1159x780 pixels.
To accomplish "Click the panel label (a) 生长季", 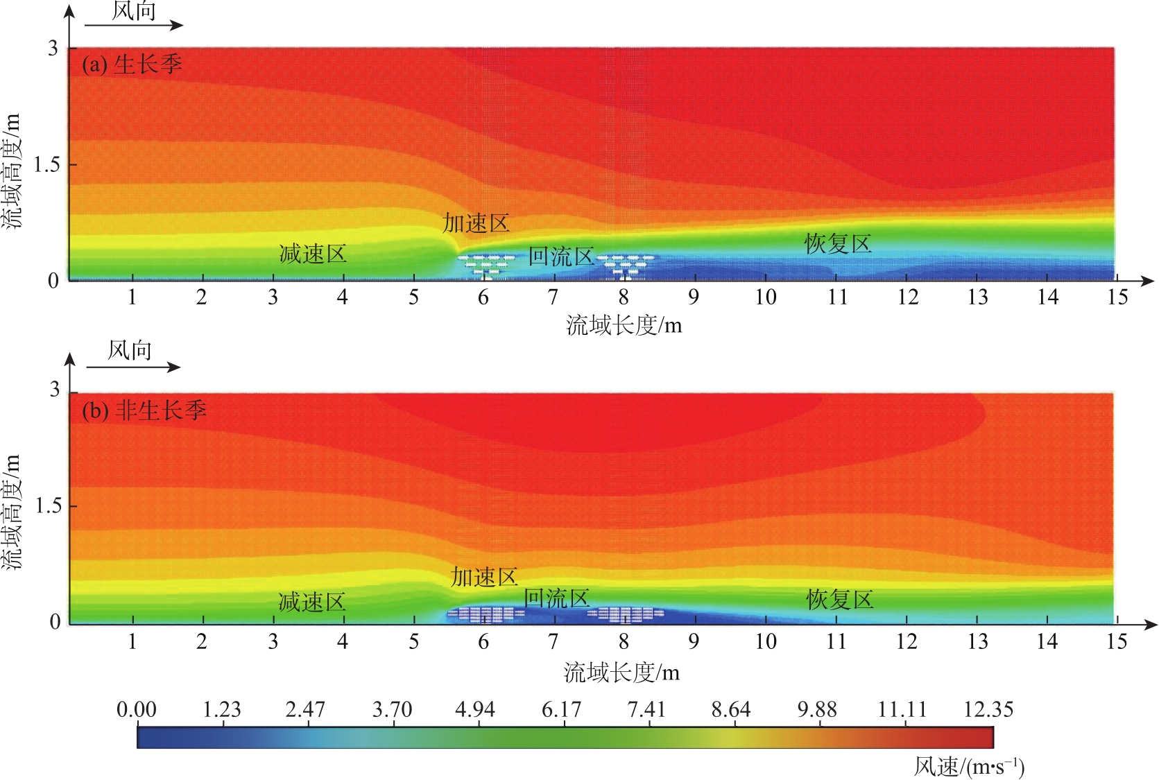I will point(132,64).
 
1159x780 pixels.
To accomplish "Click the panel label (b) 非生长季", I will point(144,410).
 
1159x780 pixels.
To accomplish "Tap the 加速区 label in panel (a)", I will point(477,223).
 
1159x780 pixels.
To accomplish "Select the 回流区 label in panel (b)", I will point(557,598).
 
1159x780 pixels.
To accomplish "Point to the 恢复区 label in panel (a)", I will point(838,244).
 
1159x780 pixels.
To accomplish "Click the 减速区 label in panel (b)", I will point(312,602).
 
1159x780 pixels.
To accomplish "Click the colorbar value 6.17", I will point(561,709).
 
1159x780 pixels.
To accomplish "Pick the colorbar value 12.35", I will point(988,709).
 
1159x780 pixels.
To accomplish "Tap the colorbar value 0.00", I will point(137,709).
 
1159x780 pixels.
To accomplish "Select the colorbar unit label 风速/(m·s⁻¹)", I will point(969,766).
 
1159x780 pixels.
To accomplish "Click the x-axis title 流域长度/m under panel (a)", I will point(624,325).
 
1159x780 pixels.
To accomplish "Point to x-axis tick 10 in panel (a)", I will point(765,297).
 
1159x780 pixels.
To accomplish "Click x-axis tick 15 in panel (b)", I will point(1116,642).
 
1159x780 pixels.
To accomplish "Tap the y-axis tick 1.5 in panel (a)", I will point(46,165).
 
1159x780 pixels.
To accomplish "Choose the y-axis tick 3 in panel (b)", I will point(55,390).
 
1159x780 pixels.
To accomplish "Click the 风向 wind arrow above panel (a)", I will point(134,25).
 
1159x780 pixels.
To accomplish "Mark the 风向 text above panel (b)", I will point(130,350).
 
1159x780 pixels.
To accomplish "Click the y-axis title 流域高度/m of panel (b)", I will point(12,512).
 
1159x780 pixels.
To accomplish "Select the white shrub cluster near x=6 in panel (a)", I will point(486,265).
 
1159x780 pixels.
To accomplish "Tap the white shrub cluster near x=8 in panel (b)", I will point(626,614).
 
